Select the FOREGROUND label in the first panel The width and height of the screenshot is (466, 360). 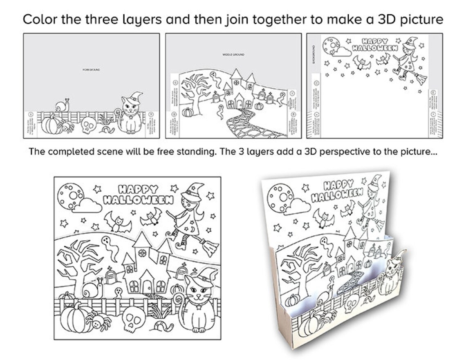tap(91, 70)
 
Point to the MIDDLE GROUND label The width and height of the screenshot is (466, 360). tap(233, 54)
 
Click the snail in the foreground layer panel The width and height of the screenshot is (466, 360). tap(63, 106)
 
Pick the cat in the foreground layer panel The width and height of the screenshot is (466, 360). tap(131, 114)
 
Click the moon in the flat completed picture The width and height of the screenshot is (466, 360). tap(71, 195)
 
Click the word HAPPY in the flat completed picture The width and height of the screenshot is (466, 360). tap(138, 189)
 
